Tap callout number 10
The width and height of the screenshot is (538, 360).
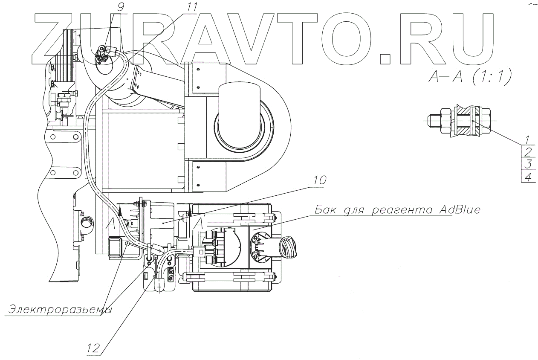tap(318, 180)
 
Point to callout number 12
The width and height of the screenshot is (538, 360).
tap(94, 348)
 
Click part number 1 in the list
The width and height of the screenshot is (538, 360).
tap(528, 139)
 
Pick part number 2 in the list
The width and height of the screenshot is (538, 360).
tap(528, 152)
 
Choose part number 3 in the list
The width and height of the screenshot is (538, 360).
tap(528, 164)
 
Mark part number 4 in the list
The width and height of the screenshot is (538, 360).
tap(528, 177)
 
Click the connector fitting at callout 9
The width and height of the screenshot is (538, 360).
tap(102, 54)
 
